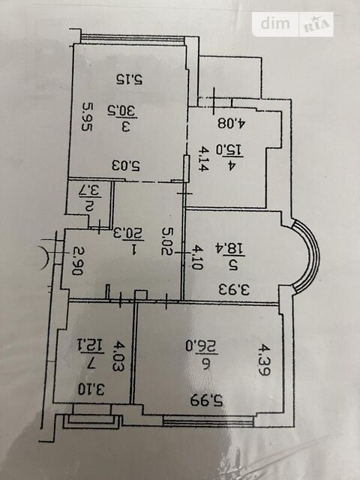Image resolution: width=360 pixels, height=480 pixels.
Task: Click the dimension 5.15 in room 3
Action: (130, 79)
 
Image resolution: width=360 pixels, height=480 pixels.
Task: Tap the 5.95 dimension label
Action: (87, 117)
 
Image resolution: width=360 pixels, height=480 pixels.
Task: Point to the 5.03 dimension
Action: (125, 166)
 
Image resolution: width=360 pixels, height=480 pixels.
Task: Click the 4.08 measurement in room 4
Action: (232, 123)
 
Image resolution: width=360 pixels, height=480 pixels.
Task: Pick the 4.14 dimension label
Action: (203, 158)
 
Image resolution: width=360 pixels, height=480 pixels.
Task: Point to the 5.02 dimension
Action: (167, 241)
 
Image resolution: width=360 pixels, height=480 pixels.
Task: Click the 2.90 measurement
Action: (77, 261)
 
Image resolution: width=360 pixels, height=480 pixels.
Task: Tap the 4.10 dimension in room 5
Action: (196, 257)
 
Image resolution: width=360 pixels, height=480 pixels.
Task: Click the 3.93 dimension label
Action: (234, 289)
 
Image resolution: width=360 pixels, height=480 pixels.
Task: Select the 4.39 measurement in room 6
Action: (263, 360)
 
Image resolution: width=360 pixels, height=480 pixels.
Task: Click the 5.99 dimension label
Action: (207, 400)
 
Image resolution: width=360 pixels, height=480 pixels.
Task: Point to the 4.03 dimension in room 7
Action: (118, 357)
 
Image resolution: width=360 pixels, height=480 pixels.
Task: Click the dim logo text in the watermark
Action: (275, 23)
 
